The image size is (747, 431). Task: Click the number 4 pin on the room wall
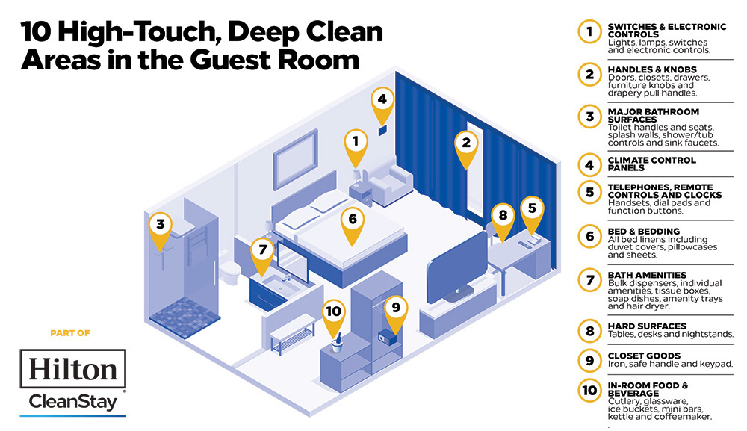pos(382,101)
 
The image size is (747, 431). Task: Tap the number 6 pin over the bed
pos(353,220)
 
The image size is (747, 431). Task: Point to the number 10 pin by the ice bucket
pos(334,314)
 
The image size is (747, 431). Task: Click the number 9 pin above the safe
pos(396,308)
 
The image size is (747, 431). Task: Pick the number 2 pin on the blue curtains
pos(466,144)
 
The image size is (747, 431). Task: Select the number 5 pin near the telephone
pos(532,209)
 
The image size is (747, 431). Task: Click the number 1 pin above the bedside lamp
pos(356,142)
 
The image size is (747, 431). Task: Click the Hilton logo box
pos(72,369)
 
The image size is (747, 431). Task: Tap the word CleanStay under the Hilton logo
pos(72,403)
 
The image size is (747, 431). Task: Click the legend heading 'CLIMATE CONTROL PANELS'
pos(651,164)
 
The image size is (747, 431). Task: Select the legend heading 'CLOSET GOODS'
pos(644,356)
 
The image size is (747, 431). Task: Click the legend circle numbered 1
pos(589,31)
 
